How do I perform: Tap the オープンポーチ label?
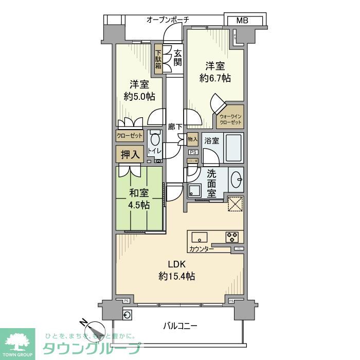(x=168, y=20)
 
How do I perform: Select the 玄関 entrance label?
(x=177, y=58)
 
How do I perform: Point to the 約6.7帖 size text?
(x=215, y=78)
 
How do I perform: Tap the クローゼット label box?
(x=129, y=136)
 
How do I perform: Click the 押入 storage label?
(x=129, y=155)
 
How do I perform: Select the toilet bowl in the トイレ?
(x=155, y=139)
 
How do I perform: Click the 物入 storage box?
(x=192, y=139)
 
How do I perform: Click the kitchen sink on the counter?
(x=200, y=238)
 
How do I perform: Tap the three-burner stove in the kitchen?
(x=232, y=237)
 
